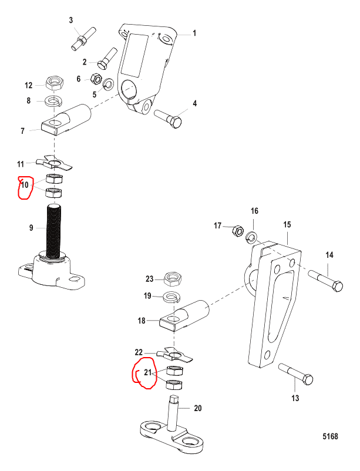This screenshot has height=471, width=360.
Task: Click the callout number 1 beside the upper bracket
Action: coord(194,33)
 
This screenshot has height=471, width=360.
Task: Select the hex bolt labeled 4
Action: coord(169,119)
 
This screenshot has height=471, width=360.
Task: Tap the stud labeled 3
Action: coord(83,39)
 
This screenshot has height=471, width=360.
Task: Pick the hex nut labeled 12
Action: coord(54,83)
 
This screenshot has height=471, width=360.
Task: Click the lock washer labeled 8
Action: coord(53,101)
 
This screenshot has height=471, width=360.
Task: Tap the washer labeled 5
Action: coord(108,84)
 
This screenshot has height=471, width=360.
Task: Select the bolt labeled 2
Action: coord(107,58)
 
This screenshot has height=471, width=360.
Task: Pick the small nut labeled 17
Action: coord(238,231)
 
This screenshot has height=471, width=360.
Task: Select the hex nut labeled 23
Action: coord(173,279)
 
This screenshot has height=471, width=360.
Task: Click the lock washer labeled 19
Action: coord(172,298)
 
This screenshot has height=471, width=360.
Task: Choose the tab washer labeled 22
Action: coord(174,355)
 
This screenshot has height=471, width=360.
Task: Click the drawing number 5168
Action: coord(330,436)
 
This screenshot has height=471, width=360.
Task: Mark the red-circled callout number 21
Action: coord(147,372)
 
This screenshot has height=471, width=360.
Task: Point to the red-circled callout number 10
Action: coord(24,185)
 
